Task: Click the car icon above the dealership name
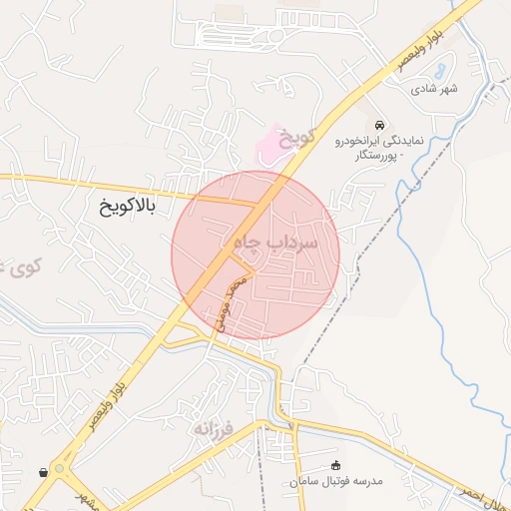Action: coord(378,125)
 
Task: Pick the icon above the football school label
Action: coord(335,464)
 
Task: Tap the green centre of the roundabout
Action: coord(59,467)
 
